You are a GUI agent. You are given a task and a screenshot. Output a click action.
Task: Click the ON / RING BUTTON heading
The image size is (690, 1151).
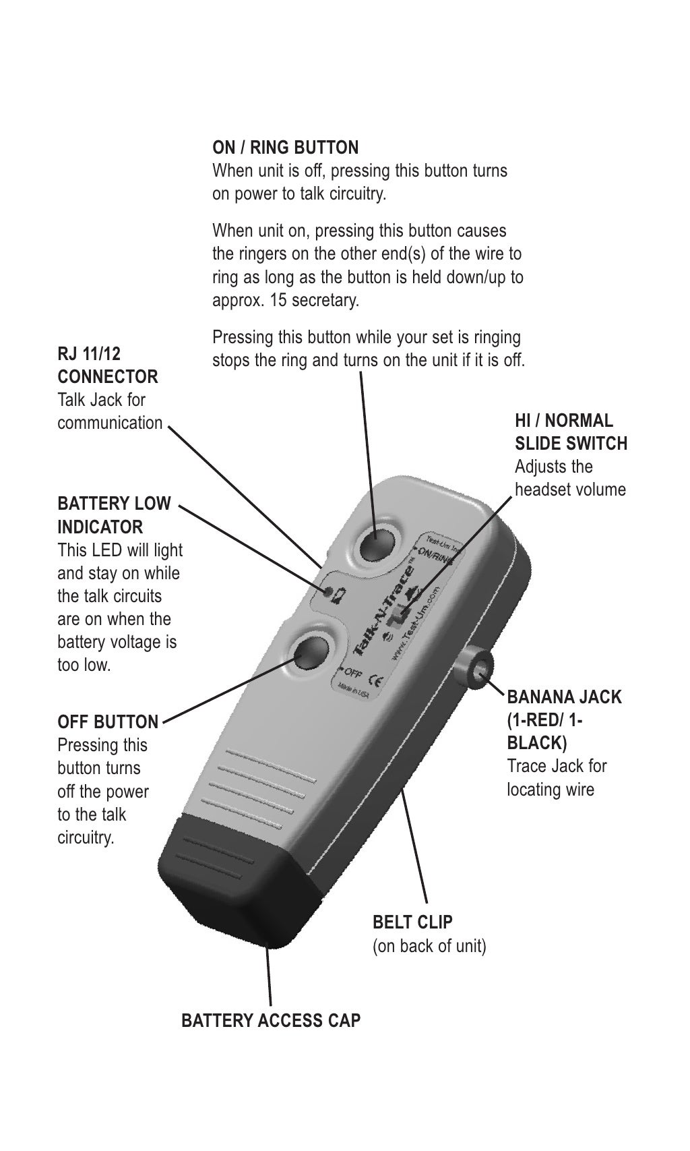pyautogui.click(x=285, y=147)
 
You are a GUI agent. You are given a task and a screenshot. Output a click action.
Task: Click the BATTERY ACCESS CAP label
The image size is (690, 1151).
pyautogui.click(x=271, y=1020)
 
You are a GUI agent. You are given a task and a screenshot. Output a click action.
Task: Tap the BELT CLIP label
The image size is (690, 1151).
pyautogui.click(x=412, y=922)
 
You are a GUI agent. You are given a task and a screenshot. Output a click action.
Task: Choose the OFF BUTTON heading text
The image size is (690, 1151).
pyautogui.click(x=108, y=721)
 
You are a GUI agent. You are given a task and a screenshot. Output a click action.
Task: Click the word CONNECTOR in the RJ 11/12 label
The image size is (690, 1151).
pyautogui.click(x=108, y=376)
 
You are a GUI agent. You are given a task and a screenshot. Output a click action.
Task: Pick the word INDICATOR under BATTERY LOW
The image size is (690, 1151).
pyautogui.click(x=100, y=527)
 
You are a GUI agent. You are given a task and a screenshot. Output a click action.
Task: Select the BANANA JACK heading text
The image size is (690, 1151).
pyautogui.click(x=564, y=697)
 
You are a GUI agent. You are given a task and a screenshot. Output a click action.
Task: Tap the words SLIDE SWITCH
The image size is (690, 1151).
pyautogui.click(x=571, y=444)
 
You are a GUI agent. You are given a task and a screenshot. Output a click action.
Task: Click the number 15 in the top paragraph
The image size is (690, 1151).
pyautogui.click(x=278, y=300)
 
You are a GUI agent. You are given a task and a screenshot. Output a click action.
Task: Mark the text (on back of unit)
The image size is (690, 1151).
pyautogui.click(x=429, y=945)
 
